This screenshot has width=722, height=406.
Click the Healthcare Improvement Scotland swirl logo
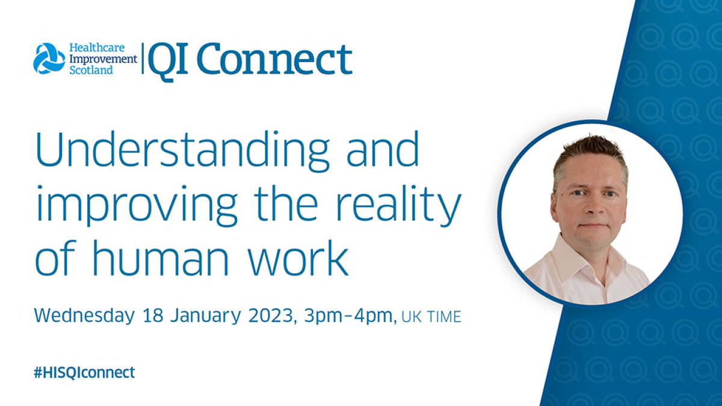tap(49, 58)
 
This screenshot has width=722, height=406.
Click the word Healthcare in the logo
tap(97, 48)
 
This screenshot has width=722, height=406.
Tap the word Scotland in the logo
tap(91, 70)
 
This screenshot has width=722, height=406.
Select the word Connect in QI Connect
tap(274, 60)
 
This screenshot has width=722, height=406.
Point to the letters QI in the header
tap(168, 61)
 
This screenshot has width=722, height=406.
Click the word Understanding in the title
tap(183, 150)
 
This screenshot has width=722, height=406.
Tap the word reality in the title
tap(399, 205)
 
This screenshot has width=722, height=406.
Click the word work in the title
tap(299, 257)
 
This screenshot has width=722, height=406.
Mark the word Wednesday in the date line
tap(84, 315)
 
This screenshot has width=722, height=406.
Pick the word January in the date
tap(205, 315)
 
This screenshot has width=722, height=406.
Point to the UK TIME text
tap(431, 317)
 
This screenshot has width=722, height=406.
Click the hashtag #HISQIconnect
tap(84, 372)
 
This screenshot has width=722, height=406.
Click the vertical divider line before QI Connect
tap(143, 59)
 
